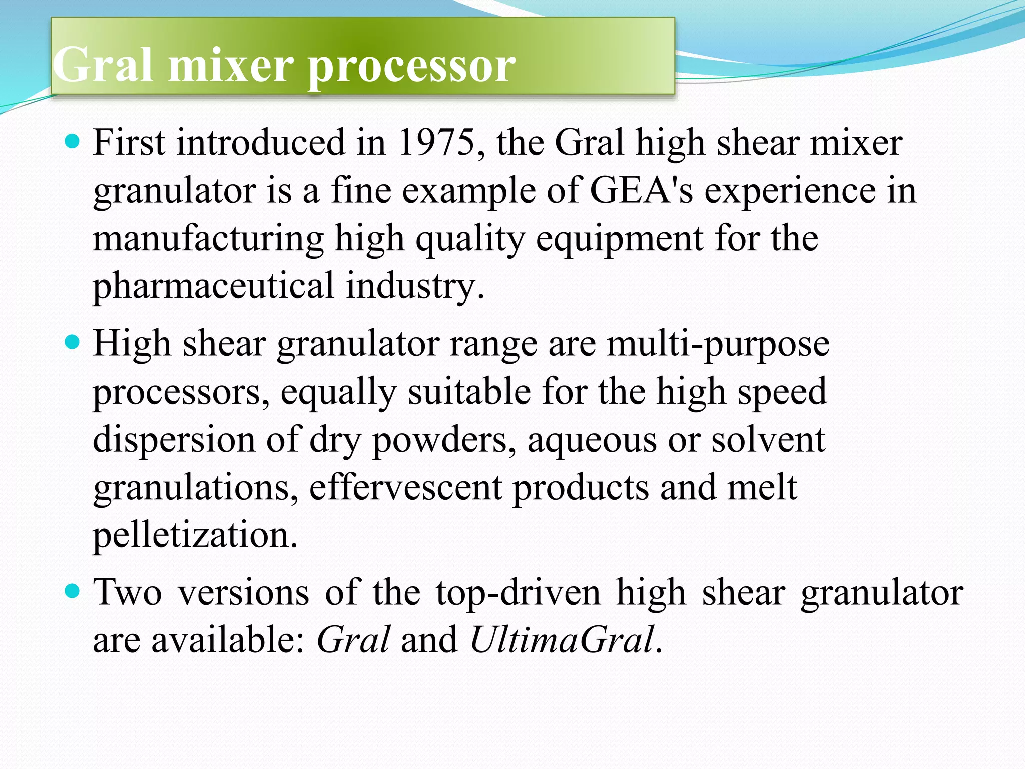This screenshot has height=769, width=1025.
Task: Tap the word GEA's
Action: pos(642,190)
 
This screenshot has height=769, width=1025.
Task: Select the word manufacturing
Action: pos(208,239)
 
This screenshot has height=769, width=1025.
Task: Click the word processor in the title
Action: pos(411,66)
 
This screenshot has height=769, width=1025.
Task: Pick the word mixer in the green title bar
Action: pos(231,66)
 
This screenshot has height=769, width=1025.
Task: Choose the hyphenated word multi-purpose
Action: pos(718,344)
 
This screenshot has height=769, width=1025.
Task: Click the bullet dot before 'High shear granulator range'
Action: pos(73,343)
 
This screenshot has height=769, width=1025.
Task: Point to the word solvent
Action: pos(768,440)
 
